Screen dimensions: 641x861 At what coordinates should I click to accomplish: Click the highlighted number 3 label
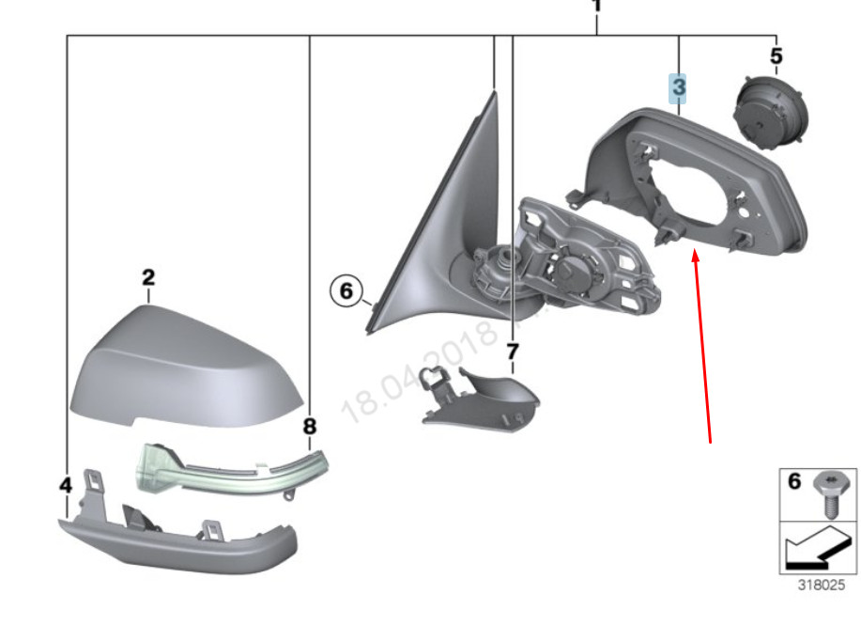[x=677, y=88]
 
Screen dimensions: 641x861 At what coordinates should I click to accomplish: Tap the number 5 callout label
[x=776, y=56]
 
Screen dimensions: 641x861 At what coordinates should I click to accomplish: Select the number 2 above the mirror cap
[x=148, y=277]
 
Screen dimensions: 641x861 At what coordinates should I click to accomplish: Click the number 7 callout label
[x=513, y=352]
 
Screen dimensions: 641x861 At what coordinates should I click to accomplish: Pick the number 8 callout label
[x=310, y=427]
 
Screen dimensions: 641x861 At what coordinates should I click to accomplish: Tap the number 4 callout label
[x=65, y=485]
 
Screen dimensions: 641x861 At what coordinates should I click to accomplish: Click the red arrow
[x=702, y=348]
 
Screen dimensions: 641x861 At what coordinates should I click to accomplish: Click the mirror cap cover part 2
[x=188, y=367]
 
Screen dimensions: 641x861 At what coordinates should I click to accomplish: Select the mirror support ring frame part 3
[x=695, y=183]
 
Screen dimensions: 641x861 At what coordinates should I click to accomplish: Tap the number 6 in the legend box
[x=793, y=483]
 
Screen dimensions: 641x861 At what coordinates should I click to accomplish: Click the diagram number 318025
[x=821, y=585]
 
